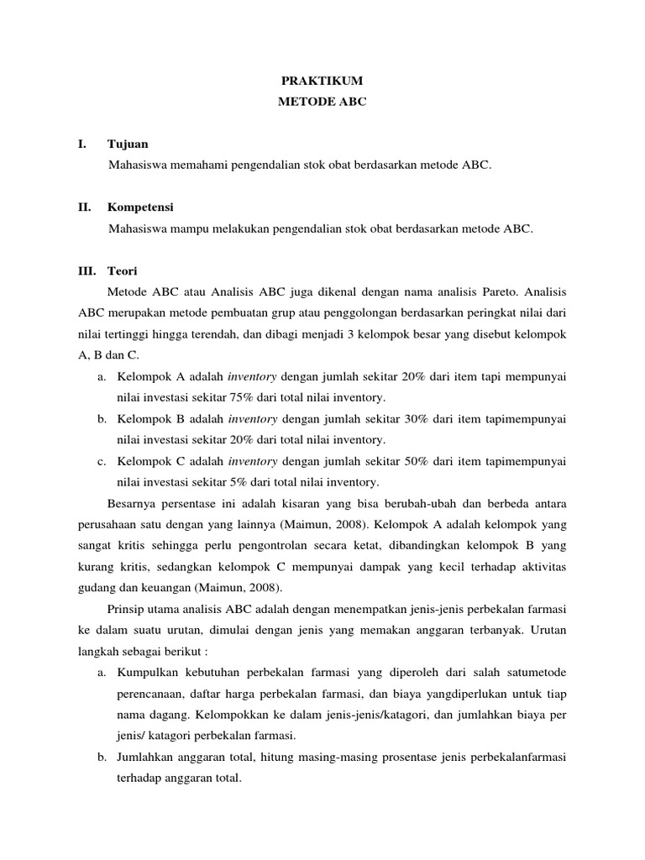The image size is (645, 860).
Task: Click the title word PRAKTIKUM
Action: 322,81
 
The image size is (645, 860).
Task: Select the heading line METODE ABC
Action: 322,102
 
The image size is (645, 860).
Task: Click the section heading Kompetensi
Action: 140,207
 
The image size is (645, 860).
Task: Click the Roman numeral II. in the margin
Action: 84,207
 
